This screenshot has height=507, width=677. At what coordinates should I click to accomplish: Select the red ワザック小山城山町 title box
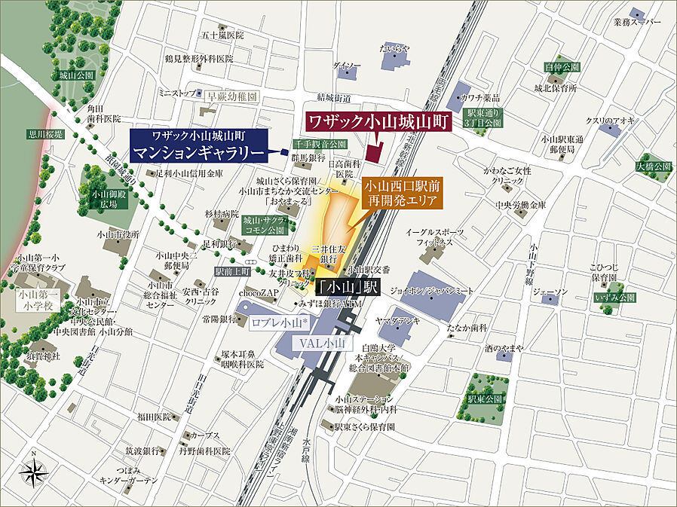click(x=378, y=122)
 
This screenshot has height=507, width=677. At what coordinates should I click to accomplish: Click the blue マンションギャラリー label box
click(x=201, y=146)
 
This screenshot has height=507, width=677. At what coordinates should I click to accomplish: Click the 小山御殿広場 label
click(x=104, y=199)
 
